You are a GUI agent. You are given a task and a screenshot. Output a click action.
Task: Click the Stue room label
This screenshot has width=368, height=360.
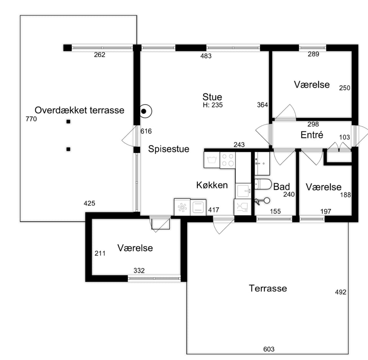point(212,97)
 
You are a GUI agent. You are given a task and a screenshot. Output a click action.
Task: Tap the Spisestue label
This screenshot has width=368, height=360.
point(169,149)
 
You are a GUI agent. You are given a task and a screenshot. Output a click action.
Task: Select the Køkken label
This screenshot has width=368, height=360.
point(212,185)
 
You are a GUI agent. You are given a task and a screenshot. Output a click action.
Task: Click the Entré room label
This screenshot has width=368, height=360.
point(312,135)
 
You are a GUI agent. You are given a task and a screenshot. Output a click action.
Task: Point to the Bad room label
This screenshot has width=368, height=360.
point(281,187)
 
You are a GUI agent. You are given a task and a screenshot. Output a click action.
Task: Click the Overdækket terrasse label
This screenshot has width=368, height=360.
point(79,110)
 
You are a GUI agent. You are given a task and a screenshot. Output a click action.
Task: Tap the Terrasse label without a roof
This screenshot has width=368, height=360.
point(268,288)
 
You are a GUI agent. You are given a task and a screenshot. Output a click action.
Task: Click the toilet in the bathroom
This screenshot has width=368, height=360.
point(263,184)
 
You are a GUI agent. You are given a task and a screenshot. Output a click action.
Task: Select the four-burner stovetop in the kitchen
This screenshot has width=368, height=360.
point(228,160)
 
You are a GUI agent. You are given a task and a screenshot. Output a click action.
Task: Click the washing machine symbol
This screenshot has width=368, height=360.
point(212,160)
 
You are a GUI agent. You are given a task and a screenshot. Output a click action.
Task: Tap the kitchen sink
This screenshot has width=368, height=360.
point(243,191)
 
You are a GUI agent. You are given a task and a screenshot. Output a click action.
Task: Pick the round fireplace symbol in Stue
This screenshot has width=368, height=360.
point(145,111)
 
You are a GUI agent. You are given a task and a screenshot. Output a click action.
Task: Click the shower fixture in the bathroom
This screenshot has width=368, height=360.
point(262,201)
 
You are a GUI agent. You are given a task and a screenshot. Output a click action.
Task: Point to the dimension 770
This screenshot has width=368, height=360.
point(31,119)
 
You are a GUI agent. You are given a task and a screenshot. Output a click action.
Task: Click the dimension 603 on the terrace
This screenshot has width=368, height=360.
point(269,349)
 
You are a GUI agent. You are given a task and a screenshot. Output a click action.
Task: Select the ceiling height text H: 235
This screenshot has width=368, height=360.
point(213,105)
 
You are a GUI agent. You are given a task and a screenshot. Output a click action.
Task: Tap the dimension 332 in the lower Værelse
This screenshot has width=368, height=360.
point(139,271)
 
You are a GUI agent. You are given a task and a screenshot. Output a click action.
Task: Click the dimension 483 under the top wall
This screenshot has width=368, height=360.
point(206,56)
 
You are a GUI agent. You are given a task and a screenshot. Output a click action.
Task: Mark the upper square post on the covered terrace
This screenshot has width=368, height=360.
point(68,122)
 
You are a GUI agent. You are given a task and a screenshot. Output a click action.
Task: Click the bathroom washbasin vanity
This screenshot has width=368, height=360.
point(262,163)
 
